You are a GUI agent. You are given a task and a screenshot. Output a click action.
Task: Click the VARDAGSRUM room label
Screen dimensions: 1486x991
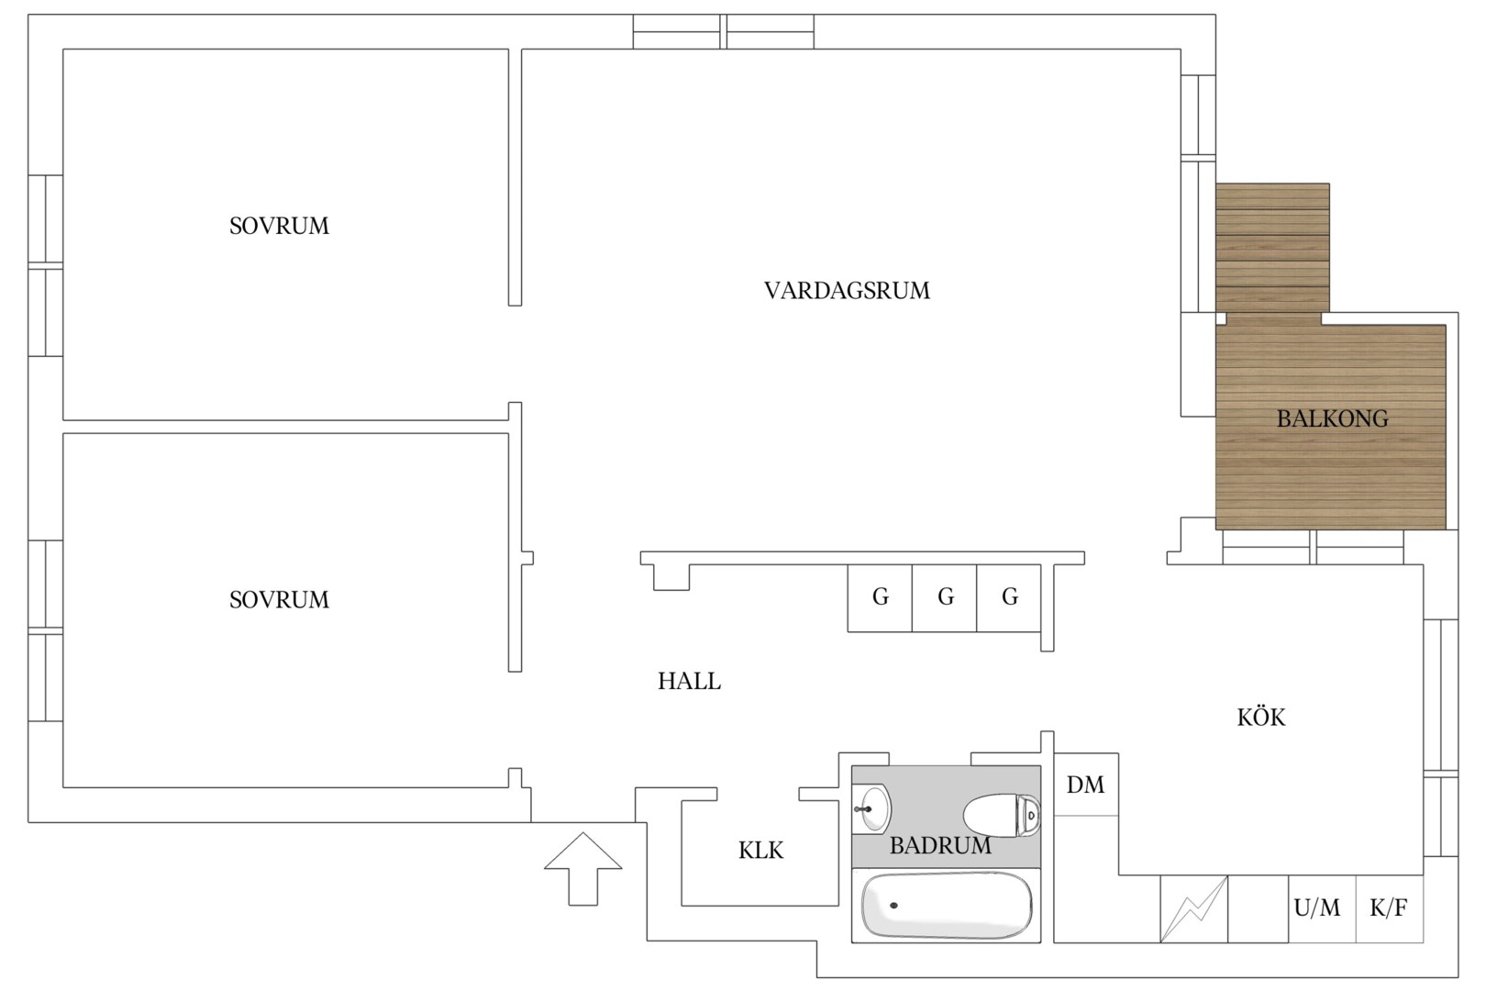click(847, 291)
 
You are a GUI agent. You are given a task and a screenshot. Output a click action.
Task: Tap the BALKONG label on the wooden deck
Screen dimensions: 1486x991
click(1332, 418)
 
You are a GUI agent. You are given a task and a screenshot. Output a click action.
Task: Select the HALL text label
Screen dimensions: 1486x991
click(689, 681)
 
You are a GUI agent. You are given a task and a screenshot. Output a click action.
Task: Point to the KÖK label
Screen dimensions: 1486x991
click(1261, 717)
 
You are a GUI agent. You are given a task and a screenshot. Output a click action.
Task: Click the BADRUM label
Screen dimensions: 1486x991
click(940, 846)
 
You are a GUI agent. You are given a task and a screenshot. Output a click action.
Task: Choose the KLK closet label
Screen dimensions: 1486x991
click(761, 851)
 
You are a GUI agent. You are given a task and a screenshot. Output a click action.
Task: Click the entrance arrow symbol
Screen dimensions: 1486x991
click(583, 869)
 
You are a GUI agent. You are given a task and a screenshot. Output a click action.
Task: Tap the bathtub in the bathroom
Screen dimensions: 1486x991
click(946, 906)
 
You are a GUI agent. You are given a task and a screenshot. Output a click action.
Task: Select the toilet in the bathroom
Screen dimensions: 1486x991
click(1002, 815)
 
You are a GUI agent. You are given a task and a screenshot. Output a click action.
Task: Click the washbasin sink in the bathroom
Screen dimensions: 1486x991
click(871, 808)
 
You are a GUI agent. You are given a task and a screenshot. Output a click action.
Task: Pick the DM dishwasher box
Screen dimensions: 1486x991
click(1086, 785)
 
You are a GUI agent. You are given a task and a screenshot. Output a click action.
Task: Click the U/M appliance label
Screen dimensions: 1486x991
click(1317, 907)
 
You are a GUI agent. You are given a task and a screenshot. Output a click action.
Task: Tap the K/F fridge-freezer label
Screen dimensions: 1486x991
click(1389, 907)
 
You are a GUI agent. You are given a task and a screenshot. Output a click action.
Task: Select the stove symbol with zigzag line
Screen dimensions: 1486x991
click(1194, 908)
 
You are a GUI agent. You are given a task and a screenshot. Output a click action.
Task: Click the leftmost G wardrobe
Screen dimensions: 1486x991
click(881, 597)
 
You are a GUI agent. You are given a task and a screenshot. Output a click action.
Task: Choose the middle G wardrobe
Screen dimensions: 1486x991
click(945, 597)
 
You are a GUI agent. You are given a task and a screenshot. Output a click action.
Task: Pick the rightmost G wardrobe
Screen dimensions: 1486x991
click(1009, 597)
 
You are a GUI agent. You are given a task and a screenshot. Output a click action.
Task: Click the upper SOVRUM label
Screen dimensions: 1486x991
click(279, 227)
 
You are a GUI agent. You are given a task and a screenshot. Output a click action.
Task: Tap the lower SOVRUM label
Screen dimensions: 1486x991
click(279, 600)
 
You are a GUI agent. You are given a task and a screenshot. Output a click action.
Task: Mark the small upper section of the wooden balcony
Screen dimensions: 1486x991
click(1272, 248)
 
